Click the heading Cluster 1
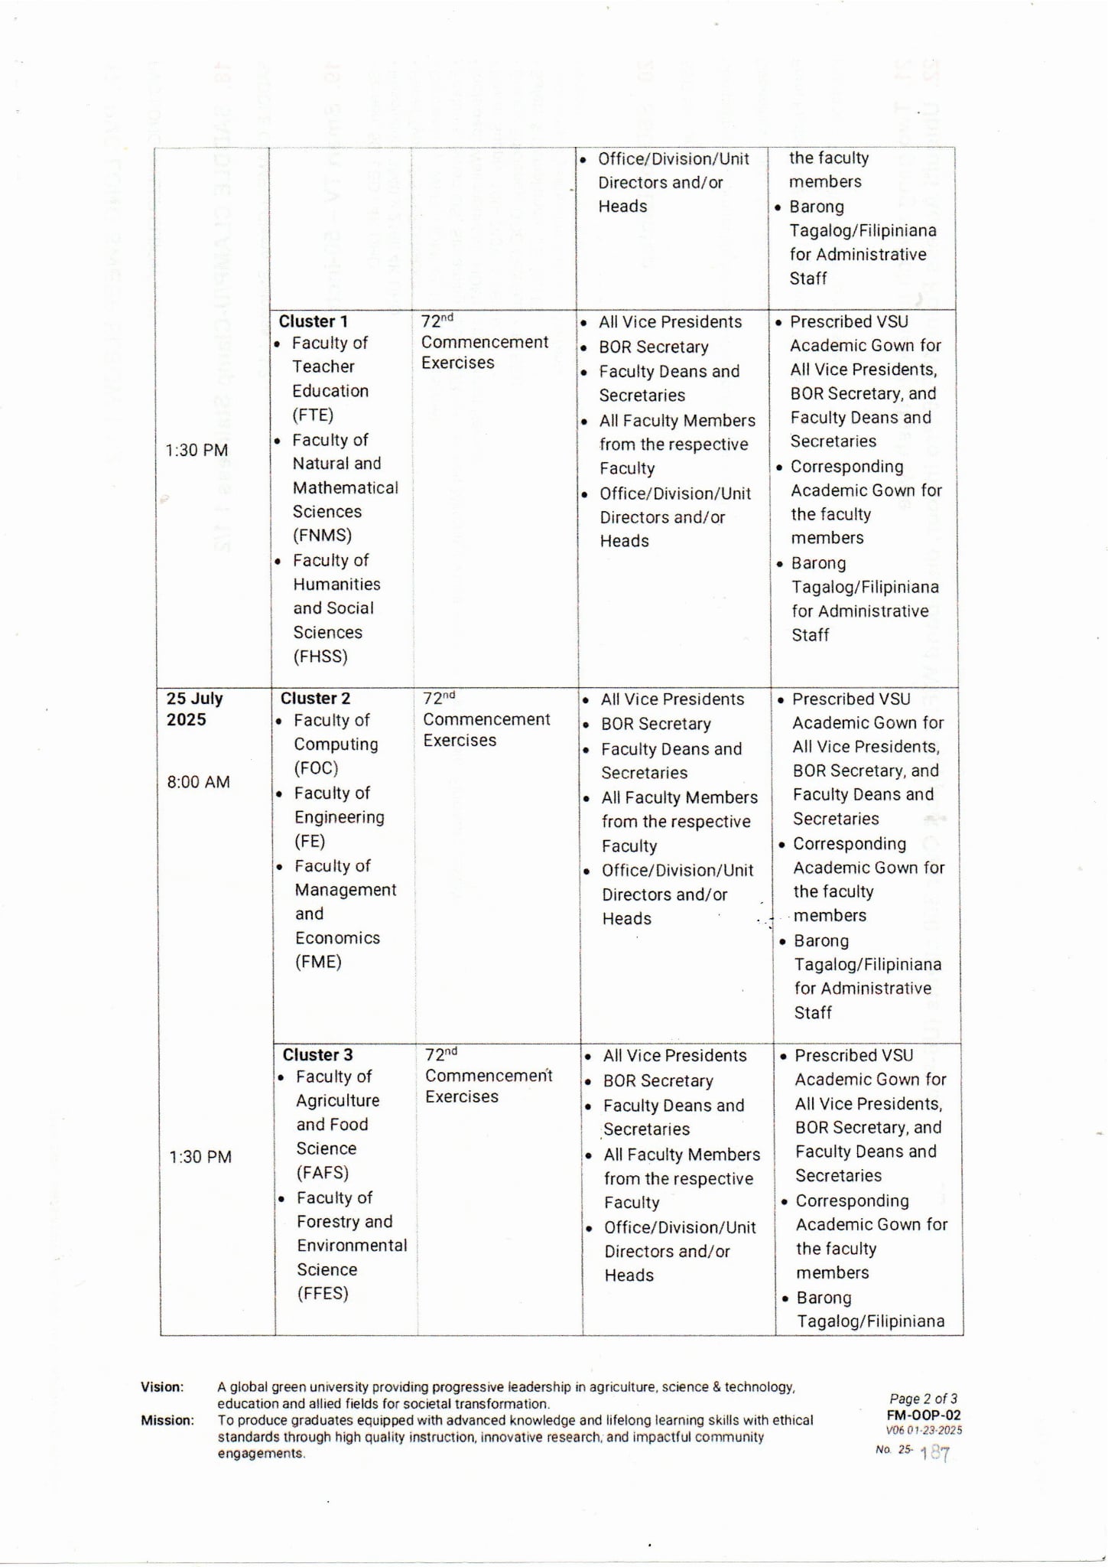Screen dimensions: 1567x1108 tap(313, 321)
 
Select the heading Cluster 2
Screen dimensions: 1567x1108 tap(315, 699)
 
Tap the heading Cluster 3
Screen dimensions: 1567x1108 tap(317, 1055)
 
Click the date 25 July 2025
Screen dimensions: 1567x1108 tap(194, 709)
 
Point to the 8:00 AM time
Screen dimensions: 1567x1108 tap(198, 782)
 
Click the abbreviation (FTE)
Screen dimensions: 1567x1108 tap(313, 415)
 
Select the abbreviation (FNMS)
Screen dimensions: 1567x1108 tap(322, 536)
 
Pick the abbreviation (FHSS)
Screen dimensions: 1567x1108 tap(320, 656)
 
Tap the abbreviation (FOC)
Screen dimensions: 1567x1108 tap(316, 768)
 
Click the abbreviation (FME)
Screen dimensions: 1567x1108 tap(318, 962)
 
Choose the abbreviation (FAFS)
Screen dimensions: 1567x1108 tap(323, 1173)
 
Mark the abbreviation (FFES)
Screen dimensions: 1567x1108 tap(323, 1294)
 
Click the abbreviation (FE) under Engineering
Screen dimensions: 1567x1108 tap(310, 842)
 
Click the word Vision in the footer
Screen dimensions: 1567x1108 tap(162, 1387)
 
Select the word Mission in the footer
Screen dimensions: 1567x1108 tap(167, 1421)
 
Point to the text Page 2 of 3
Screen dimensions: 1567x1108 tap(923, 1399)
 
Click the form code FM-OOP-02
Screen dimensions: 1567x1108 tap(924, 1416)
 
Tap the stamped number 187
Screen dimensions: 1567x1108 tap(935, 1454)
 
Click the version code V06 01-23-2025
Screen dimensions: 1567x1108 tap(924, 1430)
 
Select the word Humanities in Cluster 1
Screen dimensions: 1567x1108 tap(336, 585)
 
